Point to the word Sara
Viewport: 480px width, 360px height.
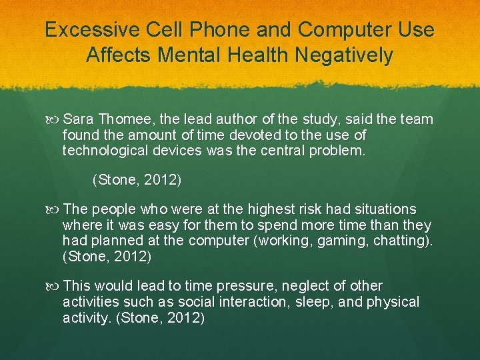[x=79, y=119]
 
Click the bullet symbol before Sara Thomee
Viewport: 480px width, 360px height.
[x=54, y=120]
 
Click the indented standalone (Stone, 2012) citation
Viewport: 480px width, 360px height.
[x=136, y=179]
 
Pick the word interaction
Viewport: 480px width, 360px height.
[x=250, y=302]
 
